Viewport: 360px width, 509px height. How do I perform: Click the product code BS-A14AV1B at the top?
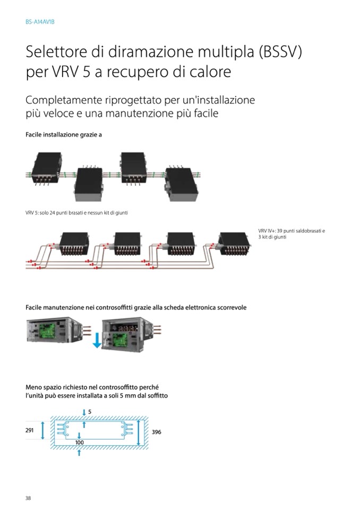(40, 23)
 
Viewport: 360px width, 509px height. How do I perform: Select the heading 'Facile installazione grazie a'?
(64, 135)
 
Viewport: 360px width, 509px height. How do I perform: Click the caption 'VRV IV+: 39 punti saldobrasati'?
(292, 231)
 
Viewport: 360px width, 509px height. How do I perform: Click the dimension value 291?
(30, 430)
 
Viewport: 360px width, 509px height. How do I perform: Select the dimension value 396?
(156, 433)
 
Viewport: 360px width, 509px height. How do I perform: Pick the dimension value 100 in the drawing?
(80, 442)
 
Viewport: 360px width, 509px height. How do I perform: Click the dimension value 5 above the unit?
(90, 412)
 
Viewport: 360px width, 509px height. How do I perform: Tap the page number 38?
(29, 497)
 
